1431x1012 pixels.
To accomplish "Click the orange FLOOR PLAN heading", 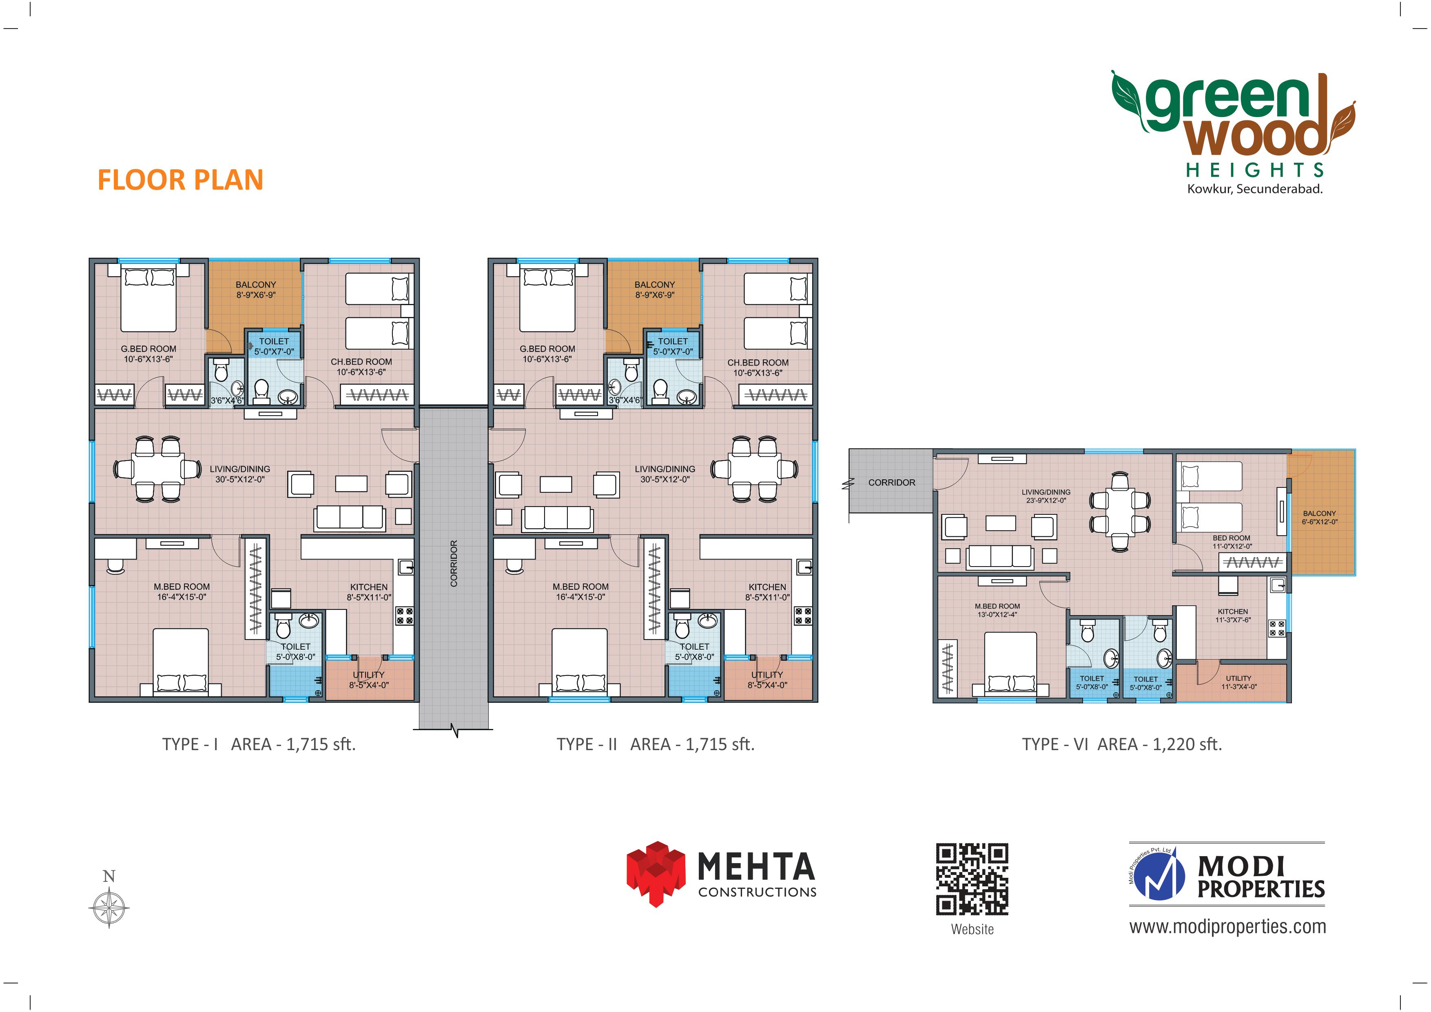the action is click(181, 180).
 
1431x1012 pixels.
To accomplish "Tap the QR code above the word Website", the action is click(972, 879).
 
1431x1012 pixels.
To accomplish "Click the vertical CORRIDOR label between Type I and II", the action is click(454, 563).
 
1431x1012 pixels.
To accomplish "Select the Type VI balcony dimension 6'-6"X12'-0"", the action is click(1320, 522).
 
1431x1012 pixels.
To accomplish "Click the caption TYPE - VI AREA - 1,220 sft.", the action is click(1122, 744).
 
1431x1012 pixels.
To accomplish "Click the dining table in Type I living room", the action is click(157, 469).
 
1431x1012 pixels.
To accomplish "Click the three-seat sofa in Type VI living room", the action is click(999, 556).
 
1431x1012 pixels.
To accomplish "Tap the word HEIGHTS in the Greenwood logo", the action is click(1255, 170).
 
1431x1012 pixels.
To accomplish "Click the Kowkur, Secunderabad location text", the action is click(1255, 189).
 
